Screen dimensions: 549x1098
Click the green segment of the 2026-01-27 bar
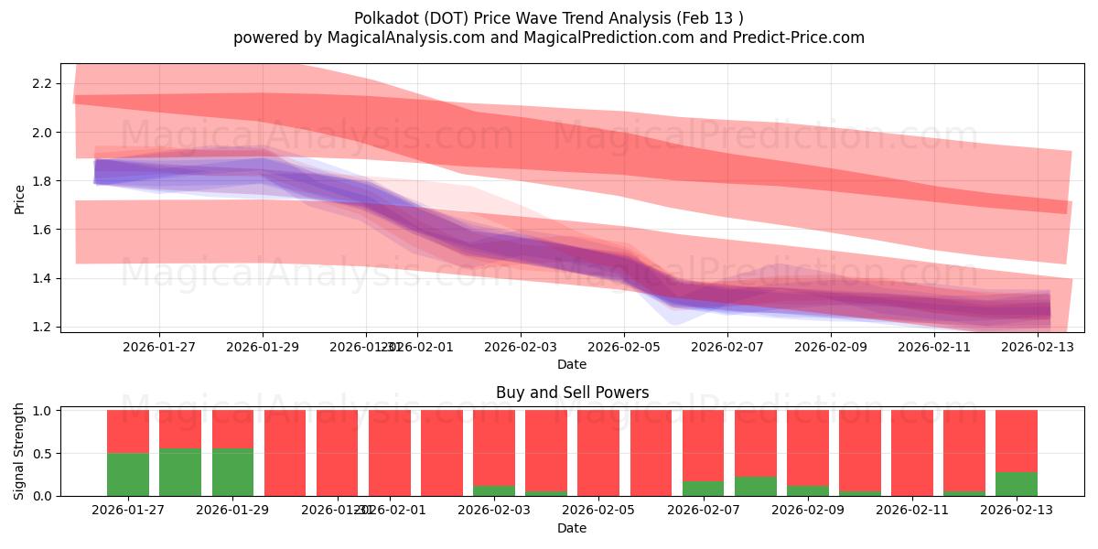point(128,474)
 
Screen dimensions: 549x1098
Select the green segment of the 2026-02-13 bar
point(1017,484)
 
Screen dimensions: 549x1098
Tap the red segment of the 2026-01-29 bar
point(232,429)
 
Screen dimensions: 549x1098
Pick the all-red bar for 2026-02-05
point(598,453)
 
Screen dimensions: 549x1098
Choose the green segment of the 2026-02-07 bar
point(703,489)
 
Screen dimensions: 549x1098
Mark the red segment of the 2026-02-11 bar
point(912,453)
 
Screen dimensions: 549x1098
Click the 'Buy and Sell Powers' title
point(572,393)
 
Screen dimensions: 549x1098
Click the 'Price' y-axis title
point(19,199)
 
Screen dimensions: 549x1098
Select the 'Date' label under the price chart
point(572,364)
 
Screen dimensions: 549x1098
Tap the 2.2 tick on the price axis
point(40,84)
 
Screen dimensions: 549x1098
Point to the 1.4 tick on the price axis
point(40,278)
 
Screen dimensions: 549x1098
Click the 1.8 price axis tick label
point(40,181)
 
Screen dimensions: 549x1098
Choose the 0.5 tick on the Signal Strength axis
point(40,454)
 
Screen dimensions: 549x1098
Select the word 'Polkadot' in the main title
point(382,17)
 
